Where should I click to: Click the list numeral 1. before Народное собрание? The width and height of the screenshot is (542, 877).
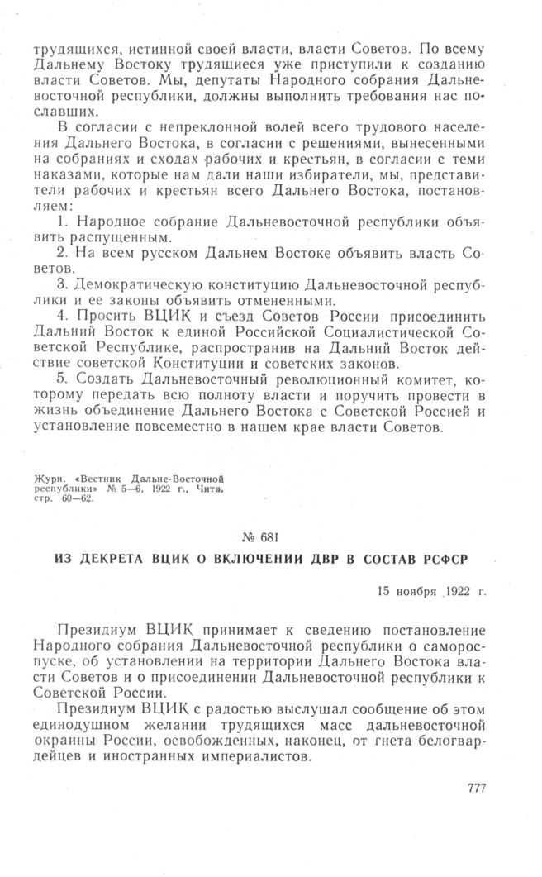[64, 225]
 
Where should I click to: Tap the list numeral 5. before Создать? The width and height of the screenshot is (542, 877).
[64, 379]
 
